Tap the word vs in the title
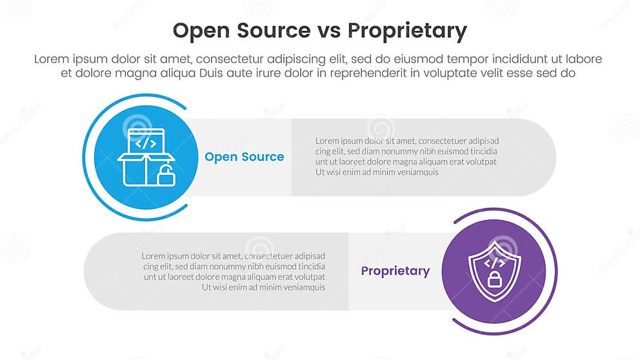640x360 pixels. pyautogui.click(x=330, y=31)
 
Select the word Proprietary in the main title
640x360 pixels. pyautogui.click(x=406, y=31)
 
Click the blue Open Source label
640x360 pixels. pyautogui.click(x=244, y=157)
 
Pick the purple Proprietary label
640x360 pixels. pyautogui.click(x=395, y=271)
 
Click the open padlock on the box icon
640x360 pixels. pyautogui.click(x=166, y=175)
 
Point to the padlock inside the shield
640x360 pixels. pyautogui.click(x=494, y=279)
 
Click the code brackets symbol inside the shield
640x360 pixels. pyautogui.click(x=494, y=263)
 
